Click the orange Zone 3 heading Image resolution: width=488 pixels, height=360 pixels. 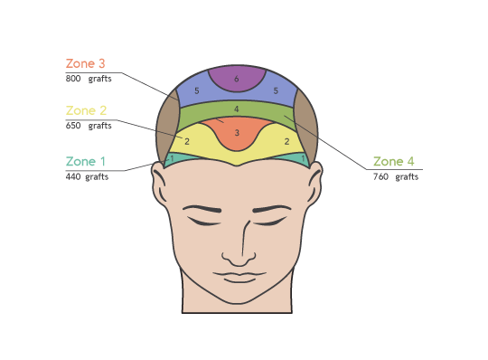click(x=85, y=63)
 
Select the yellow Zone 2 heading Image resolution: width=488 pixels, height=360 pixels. click(x=86, y=110)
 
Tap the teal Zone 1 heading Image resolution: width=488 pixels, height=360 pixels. click(x=85, y=161)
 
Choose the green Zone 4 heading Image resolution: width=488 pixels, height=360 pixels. click(x=393, y=161)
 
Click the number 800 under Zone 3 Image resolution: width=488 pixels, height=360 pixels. click(x=73, y=79)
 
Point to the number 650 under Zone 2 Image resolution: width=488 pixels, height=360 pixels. click(x=73, y=126)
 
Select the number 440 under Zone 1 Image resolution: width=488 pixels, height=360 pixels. click(x=73, y=176)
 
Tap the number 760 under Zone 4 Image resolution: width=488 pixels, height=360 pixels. click(x=380, y=176)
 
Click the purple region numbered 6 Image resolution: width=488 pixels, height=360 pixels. click(x=237, y=78)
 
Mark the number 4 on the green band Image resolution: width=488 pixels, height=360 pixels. click(x=237, y=109)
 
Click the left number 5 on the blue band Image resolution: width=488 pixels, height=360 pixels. click(x=197, y=91)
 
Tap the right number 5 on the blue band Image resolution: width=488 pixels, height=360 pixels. click(x=276, y=90)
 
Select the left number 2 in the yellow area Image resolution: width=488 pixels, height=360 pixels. click(x=187, y=141)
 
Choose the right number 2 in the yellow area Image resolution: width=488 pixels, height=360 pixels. click(x=286, y=141)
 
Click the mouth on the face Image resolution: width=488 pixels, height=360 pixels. click(x=239, y=277)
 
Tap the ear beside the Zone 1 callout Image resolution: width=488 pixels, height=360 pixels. click(x=159, y=184)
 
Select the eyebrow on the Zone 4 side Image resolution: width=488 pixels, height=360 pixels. click(x=271, y=208)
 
